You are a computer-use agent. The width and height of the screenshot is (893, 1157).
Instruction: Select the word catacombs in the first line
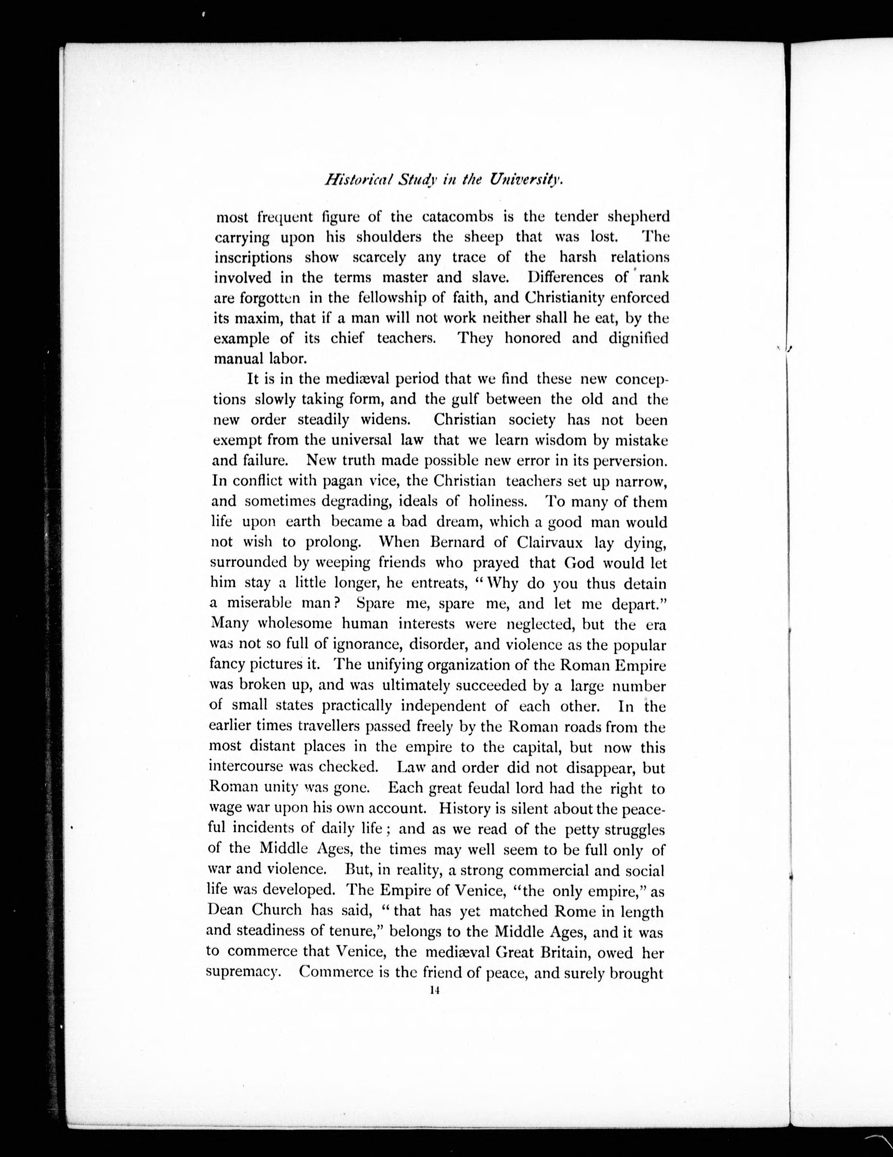tap(465, 217)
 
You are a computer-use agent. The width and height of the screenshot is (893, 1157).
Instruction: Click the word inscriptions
tap(253, 257)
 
